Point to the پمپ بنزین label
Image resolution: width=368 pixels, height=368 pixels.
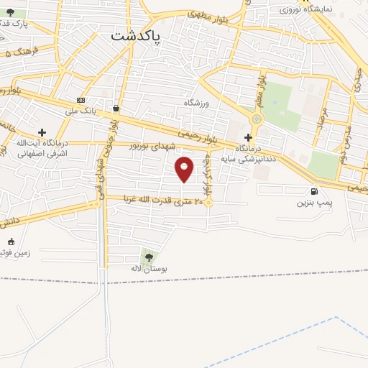316,203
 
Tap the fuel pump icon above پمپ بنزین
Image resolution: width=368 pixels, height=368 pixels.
314,191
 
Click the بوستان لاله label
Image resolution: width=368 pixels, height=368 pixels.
149,268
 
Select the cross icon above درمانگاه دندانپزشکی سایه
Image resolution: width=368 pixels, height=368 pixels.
248,137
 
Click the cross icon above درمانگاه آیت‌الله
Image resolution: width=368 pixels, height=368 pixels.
42,132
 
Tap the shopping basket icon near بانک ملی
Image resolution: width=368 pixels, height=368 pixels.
116,108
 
